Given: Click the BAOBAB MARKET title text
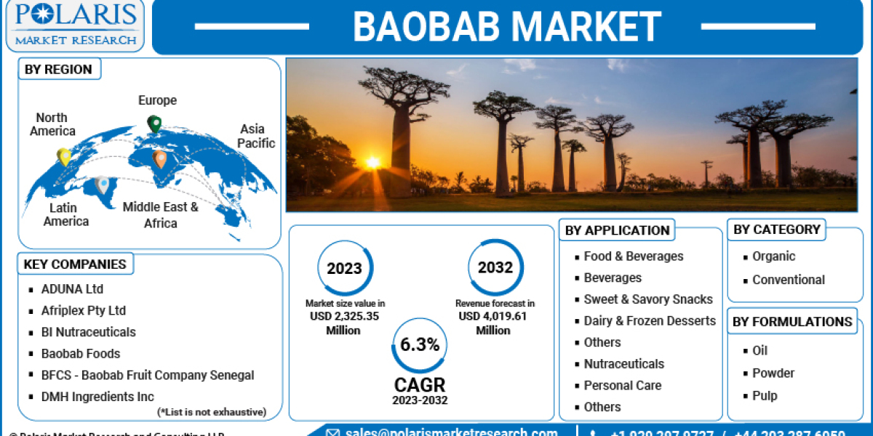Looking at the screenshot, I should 506,26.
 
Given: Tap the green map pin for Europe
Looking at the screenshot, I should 154,124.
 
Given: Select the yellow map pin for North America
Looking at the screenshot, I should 64,156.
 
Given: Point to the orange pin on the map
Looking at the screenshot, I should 160,158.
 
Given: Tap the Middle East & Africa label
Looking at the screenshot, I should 160,215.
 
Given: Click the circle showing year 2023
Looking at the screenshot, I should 344,268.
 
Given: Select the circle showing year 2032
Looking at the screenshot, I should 495,268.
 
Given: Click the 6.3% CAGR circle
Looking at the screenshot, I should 420,345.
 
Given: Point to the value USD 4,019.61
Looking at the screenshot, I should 493,316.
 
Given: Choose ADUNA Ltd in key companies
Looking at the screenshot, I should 72,288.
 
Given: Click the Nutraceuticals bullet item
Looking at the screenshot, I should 623,364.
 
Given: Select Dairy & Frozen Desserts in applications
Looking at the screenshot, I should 649,320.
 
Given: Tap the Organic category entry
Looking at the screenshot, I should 773,257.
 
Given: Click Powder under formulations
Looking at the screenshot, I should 773,373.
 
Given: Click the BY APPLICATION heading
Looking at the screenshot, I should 617,230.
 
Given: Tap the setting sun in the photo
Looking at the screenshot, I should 373,162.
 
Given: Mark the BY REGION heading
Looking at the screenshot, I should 58,70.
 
